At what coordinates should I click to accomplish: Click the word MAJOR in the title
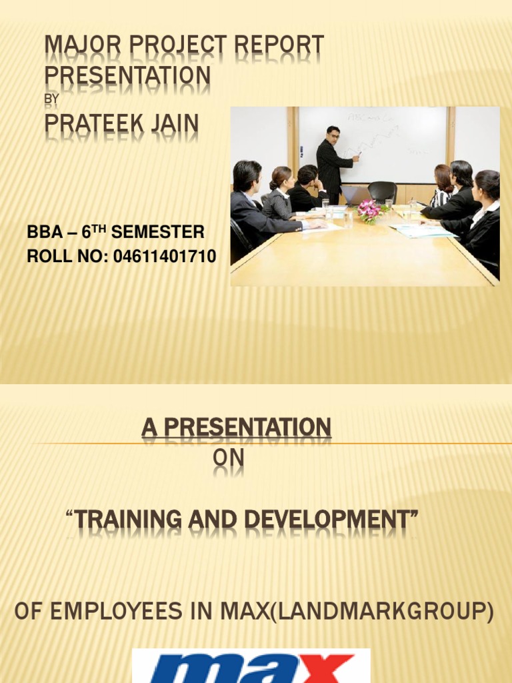(x=74, y=47)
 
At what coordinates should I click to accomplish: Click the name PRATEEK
(x=93, y=124)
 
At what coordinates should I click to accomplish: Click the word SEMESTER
(x=159, y=233)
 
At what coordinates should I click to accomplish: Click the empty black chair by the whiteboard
(x=383, y=192)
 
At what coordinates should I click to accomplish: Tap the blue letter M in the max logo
(x=180, y=670)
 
